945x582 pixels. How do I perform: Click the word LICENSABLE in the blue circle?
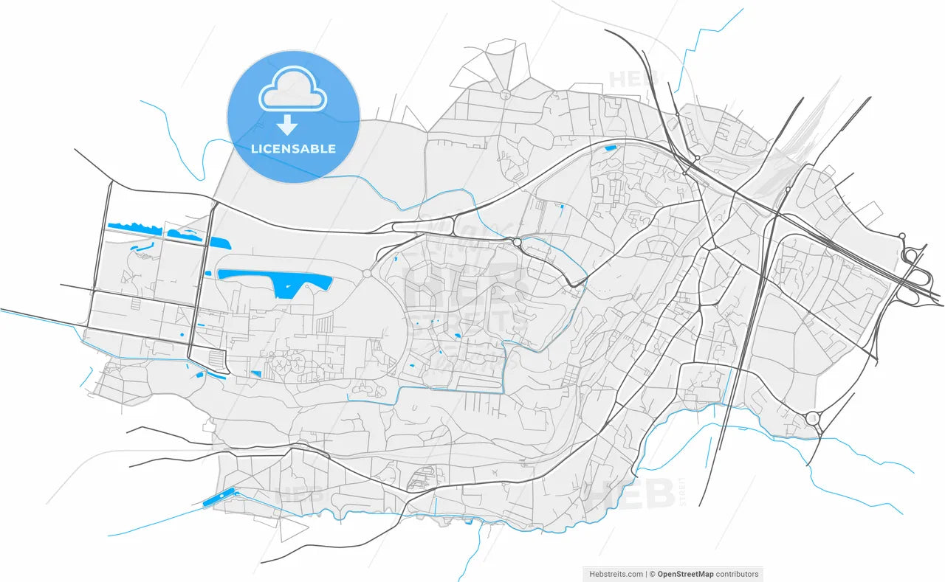tap(293, 148)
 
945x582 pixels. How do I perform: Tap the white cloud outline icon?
tap(292, 89)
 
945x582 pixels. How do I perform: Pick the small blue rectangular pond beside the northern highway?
tap(610, 148)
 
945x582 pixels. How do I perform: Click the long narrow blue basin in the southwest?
tap(219, 498)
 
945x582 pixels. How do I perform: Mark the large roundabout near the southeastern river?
tap(813, 418)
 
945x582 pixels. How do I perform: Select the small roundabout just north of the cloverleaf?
tap(901, 236)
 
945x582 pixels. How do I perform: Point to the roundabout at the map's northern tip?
tap(506, 94)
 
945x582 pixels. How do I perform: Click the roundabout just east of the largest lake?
tap(367, 274)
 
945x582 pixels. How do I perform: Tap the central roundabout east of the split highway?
tap(517, 242)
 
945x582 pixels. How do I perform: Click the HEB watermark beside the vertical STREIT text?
tap(629, 493)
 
